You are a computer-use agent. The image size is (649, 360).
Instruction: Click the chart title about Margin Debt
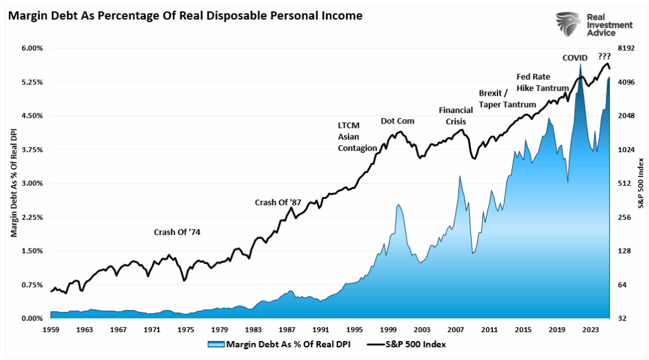(185, 15)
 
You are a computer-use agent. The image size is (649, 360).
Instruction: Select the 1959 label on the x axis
(51, 330)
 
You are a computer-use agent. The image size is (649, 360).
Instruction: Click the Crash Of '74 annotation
(177, 232)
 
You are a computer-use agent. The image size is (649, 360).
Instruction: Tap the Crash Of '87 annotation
(278, 202)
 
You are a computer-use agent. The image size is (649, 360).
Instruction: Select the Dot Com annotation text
(397, 121)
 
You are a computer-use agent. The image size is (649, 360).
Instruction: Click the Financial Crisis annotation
(456, 115)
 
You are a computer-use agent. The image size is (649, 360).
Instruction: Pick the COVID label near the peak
(575, 58)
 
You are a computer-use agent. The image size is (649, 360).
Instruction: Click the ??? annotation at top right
(604, 56)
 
